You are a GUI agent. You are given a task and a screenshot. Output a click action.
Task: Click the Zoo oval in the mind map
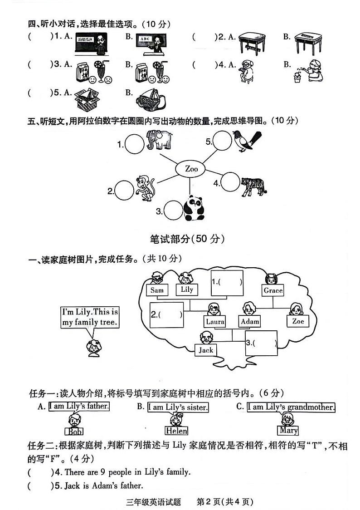[191, 169]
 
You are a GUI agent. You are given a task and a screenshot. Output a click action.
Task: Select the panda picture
[194, 208]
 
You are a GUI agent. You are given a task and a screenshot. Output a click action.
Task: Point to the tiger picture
[253, 186]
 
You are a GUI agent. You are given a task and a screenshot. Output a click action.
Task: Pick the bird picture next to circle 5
[246, 139]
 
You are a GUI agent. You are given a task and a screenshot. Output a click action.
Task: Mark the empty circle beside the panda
[173, 211]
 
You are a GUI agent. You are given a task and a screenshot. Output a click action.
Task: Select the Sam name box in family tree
[157, 290]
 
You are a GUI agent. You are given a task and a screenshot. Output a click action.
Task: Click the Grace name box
[273, 290]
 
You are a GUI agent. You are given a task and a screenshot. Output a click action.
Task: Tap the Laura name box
[215, 321]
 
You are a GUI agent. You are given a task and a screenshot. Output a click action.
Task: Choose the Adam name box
[250, 321]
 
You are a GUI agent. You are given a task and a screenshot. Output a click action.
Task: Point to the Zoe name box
[298, 321]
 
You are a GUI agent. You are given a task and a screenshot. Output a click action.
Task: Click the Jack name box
[206, 350]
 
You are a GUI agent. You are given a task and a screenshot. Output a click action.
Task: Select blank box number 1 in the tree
[227, 283]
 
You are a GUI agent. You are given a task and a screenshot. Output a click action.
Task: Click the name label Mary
[288, 430]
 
